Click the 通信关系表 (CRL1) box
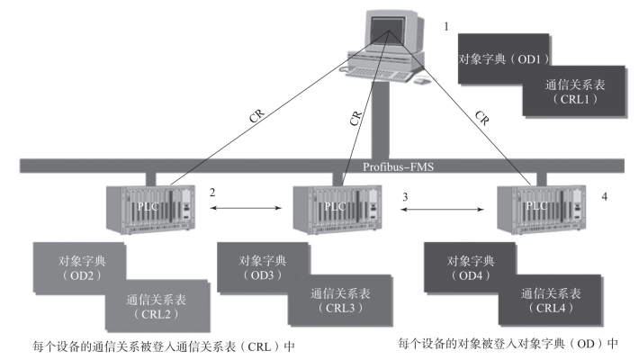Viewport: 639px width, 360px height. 574,93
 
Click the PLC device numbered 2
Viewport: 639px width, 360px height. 148,208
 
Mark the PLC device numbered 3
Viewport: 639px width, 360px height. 337,208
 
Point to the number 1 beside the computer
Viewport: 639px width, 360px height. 445,26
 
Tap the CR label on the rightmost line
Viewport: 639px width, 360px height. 484,117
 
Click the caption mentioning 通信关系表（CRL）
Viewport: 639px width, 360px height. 162,345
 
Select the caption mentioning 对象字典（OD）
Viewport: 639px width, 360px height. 509,343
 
